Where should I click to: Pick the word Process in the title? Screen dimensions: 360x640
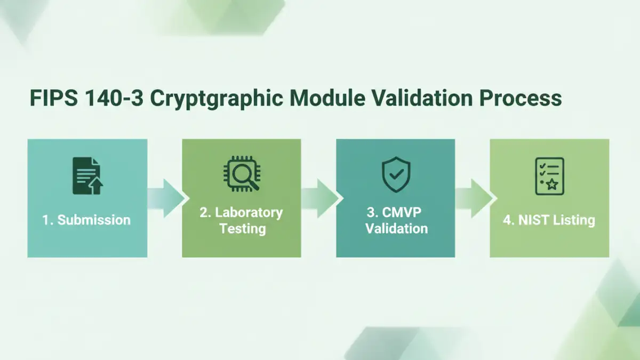(x=525, y=99)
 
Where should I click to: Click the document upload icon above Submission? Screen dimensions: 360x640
(x=87, y=175)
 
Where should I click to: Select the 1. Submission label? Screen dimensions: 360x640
(x=86, y=220)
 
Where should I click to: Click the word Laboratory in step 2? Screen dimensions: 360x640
(x=249, y=212)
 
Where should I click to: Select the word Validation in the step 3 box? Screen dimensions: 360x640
(x=397, y=229)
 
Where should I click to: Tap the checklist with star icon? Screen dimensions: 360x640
(x=549, y=176)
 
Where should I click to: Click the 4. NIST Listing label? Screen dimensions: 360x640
(x=549, y=220)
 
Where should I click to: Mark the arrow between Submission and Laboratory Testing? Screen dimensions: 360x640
(x=166, y=198)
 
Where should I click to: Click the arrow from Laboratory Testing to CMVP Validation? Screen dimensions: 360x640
(x=320, y=198)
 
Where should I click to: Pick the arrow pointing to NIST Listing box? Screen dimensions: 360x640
(x=474, y=198)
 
